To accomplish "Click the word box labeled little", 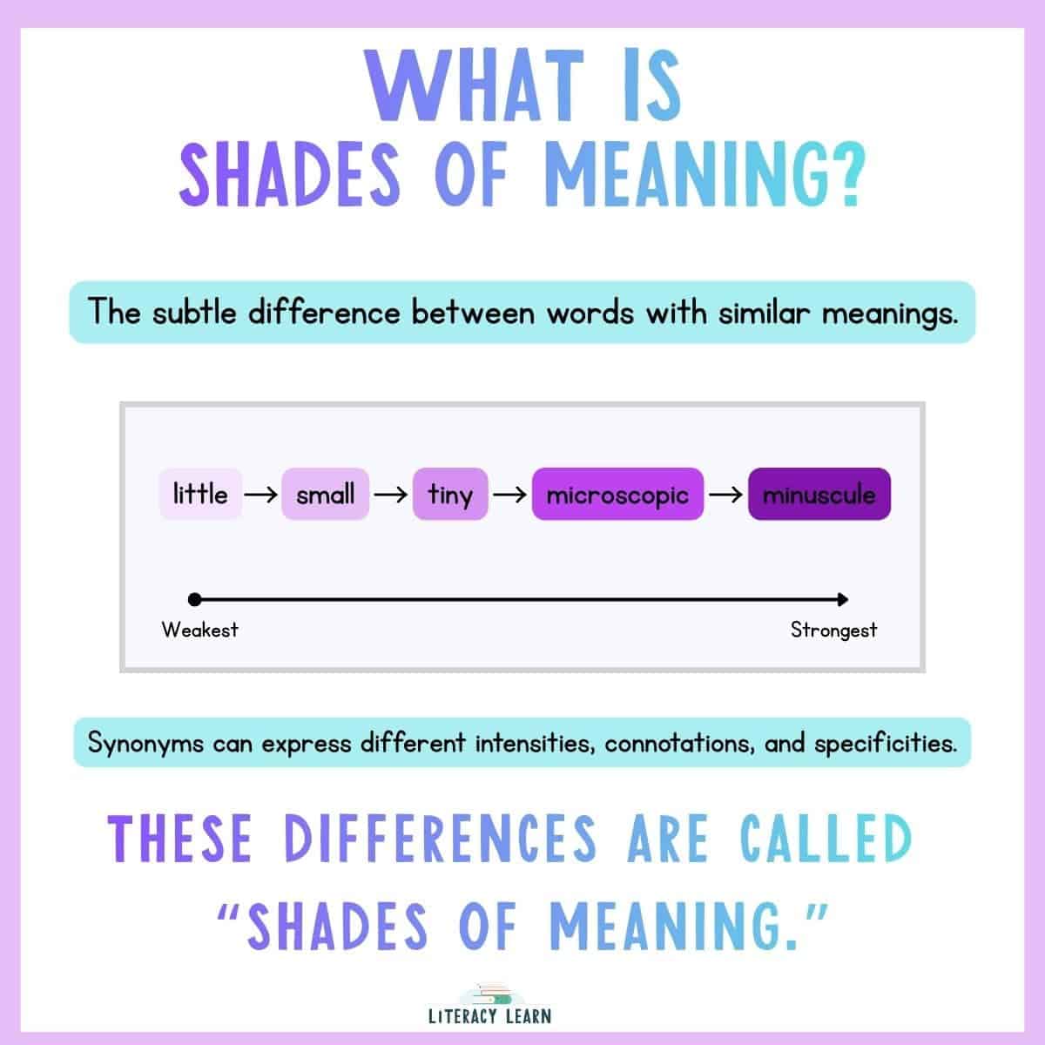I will pyautogui.click(x=200, y=495).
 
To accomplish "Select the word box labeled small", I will pyautogui.click(x=326, y=495).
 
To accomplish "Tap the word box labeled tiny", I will pyautogui.click(x=450, y=495).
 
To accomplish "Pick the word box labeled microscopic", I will pyautogui.click(x=617, y=495).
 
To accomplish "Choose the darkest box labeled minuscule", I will pyautogui.click(x=819, y=495).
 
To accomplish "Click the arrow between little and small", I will pyautogui.click(x=261, y=495).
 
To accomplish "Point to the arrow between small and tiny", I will pyautogui.click(x=391, y=495).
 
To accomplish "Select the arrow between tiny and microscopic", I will pyautogui.click(x=510, y=495).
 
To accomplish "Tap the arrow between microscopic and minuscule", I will pyautogui.click(x=725, y=495).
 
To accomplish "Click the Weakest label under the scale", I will pyautogui.click(x=199, y=630).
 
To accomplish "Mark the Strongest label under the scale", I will pyautogui.click(x=833, y=630).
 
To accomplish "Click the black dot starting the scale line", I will pyautogui.click(x=194, y=599).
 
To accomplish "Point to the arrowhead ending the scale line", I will pyautogui.click(x=842, y=599).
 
